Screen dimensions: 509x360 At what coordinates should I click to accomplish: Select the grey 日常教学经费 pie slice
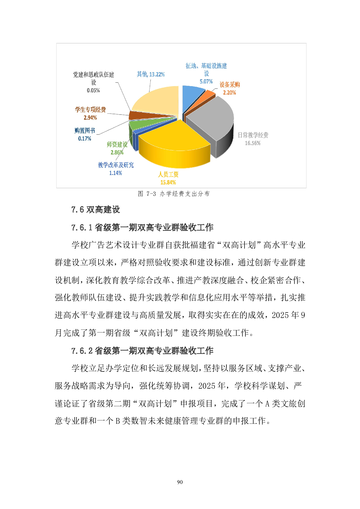(212, 118)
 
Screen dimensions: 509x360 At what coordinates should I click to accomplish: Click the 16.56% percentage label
(253, 143)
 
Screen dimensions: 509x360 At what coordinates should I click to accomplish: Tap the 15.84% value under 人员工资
(168, 182)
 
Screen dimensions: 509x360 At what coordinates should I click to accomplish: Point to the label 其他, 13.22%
(151, 74)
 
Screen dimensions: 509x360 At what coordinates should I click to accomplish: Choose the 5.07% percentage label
(206, 82)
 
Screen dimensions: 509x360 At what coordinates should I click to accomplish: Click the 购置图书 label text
(85, 131)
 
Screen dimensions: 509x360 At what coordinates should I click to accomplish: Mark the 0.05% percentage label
(93, 90)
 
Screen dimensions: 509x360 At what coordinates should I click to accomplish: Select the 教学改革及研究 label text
(116, 165)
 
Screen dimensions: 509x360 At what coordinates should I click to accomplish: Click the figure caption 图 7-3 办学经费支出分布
(174, 194)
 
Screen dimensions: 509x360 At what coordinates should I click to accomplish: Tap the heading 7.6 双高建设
(96, 209)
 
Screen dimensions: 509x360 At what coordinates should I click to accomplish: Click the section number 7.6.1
(82, 227)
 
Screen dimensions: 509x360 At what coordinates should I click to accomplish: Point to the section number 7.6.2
(82, 351)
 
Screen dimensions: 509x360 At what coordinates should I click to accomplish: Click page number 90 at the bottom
(180, 482)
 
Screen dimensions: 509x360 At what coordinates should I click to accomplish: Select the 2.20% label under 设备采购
(229, 93)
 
